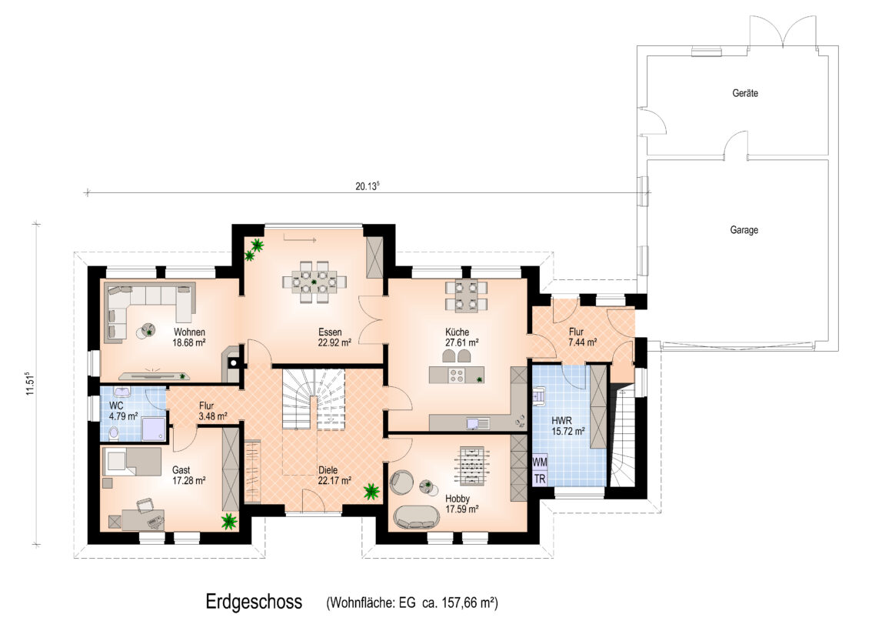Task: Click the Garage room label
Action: tap(744, 230)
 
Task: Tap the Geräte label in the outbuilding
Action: tap(745, 93)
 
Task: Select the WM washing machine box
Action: tap(540, 462)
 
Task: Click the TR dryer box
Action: tap(540, 479)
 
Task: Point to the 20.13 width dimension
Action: tap(368, 185)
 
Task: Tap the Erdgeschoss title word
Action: tap(254, 602)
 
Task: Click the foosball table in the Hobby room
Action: tap(469, 466)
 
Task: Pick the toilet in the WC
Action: tap(113, 432)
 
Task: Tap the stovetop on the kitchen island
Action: tap(458, 376)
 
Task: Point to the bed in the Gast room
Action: tap(131, 461)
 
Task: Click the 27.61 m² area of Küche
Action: tap(462, 343)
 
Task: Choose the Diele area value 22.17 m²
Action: tap(334, 481)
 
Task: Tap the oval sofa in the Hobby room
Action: tap(418, 516)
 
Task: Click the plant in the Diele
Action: tap(372, 492)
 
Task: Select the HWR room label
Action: tap(561, 420)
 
